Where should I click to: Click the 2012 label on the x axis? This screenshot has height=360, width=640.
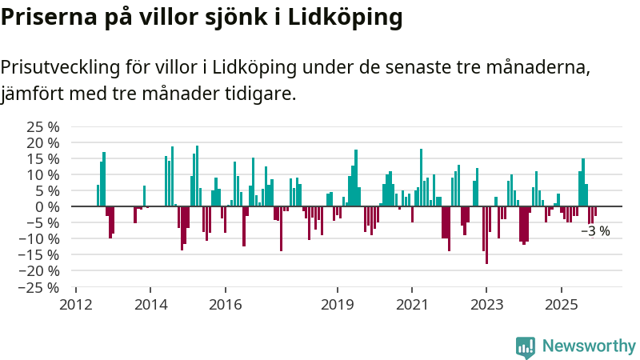click(x=76, y=304)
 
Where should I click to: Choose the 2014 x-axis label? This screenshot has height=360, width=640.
click(x=150, y=304)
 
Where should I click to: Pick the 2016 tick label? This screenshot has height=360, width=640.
click(x=225, y=304)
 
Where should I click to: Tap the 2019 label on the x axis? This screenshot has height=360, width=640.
click(x=337, y=304)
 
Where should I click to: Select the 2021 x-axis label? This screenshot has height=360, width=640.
click(x=411, y=304)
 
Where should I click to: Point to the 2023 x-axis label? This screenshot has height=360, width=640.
click(x=486, y=304)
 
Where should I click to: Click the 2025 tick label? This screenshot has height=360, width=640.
click(x=561, y=304)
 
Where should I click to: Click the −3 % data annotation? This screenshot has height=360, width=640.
click(x=594, y=231)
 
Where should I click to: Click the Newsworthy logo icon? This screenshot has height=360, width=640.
click(x=526, y=346)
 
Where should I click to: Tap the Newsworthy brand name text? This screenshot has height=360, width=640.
click(x=589, y=346)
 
